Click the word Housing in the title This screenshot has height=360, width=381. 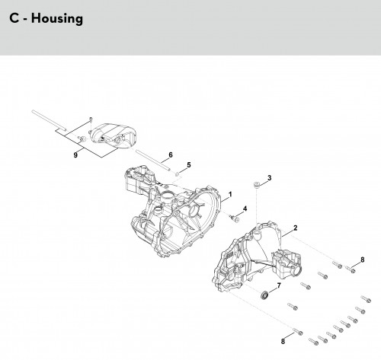pyautogui.click(x=57, y=19)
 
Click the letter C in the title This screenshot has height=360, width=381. pyautogui.click(x=14, y=18)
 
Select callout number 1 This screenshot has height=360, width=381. pyautogui.click(x=230, y=195)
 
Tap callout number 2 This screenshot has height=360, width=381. pyautogui.click(x=295, y=228)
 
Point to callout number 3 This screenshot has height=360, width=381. pyautogui.click(x=269, y=178)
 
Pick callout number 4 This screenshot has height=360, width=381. pyautogui.click(x=245, y=209)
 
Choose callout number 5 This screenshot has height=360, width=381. pyautogui.click(x=188, y=165)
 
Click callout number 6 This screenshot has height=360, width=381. pyautogui.click(x=171, y=155)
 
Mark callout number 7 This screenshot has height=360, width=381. pyautogui.click(x=279, y=285)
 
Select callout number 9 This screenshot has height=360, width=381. pyautogui.click(x=75, y=155)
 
